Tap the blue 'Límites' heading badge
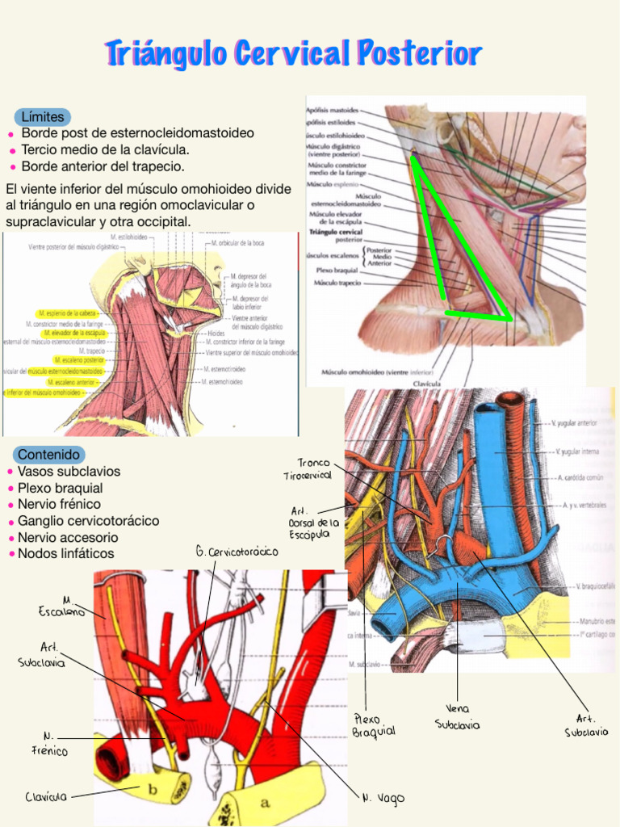(x=42, y=117)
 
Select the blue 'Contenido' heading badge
(x=48, y=455)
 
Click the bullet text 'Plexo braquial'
(x=60, y=488)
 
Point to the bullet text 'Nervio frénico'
(x=60, y=504)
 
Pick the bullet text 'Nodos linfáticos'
(x=65, y=553)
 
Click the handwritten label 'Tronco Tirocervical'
(x=308, y=469)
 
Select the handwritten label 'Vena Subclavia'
(x=457, y=717)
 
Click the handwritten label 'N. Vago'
(x=383, y=798)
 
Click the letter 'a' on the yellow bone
(x=265, y=803)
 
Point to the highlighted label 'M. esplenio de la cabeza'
(x=68, y=313)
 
